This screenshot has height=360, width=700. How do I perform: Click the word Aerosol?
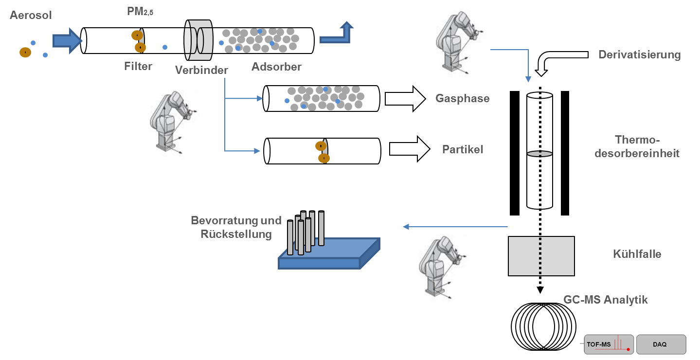click(31, 16)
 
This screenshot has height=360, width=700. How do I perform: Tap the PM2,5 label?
click(140, 11)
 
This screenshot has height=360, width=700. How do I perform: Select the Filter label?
click(138, 66)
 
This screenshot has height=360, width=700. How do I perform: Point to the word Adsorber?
click(276, 67)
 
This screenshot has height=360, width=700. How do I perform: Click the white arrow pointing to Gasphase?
click(406, 98)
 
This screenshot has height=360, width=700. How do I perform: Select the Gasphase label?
click(462, 98)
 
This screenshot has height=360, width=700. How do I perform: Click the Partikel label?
click(463, 149)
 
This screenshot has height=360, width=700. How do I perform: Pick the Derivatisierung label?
click(639, 54)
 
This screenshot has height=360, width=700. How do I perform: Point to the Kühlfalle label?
click(637, 254)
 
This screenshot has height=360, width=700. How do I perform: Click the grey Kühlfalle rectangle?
click(541, 256)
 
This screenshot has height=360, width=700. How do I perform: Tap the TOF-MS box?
click(609, 344)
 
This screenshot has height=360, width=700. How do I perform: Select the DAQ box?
click(661, 344)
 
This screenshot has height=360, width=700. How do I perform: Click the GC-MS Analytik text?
click(605, 300)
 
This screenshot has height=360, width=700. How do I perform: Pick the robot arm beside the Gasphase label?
click(460, 45)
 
